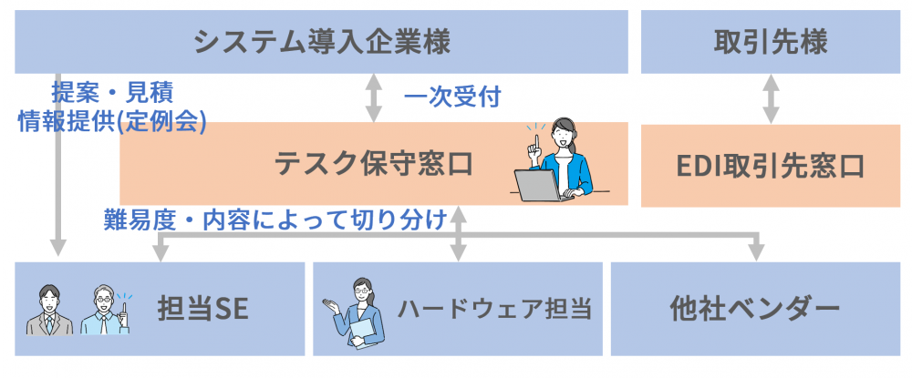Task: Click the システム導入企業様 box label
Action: click(x=322, y=43)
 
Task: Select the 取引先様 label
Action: click(x=771, y=43)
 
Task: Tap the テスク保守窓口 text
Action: click(x=373, y=164)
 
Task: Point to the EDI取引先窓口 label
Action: click(x=771, y=166)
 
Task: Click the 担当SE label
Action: click(x=203, y=309)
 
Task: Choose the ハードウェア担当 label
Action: click(x=494, y=309)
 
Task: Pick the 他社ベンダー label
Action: click(x=755, y=309)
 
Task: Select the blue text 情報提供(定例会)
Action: click(x=112, y=121)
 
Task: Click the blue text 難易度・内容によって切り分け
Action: click(x=275, y=220)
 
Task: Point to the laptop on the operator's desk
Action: click(x=540, y=185)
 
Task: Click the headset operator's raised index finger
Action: click(x=537, y=142)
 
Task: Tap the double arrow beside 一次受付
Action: click(x=373, y=98)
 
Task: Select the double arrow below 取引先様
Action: click(x=771, y=98)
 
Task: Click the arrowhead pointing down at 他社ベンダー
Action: click(x=755, y=252)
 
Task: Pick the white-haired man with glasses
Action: click(x=104, y=310)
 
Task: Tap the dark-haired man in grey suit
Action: click(x=49, y=310)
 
